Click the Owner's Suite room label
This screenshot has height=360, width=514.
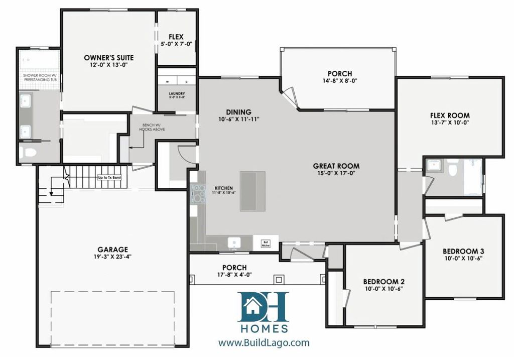click(108, 57)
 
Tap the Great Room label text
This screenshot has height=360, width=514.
click(336, 166)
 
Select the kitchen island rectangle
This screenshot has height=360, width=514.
click(252, 191)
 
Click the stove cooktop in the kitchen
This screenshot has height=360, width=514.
click(198, 193)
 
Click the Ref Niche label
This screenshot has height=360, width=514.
click(266, 244)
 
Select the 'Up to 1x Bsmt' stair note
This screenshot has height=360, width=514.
click(109, 177)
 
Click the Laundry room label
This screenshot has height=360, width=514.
click(177, 93)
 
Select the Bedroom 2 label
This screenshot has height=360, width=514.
click(383, 282)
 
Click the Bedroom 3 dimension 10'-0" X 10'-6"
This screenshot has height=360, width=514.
click(463, 259)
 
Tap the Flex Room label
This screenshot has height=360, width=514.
click(450, 115)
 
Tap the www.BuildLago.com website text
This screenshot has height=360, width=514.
click(264, 343)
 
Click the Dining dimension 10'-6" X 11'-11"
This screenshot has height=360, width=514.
click(238, 119)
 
